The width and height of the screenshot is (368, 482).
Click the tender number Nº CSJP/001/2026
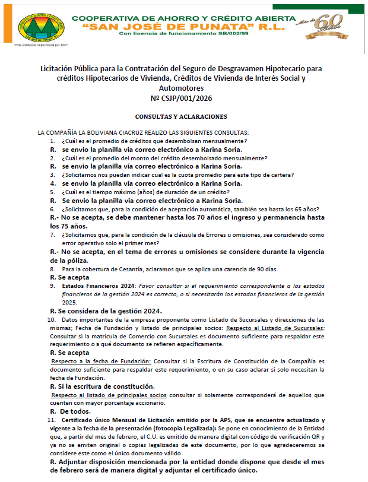(x=184, y=98)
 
